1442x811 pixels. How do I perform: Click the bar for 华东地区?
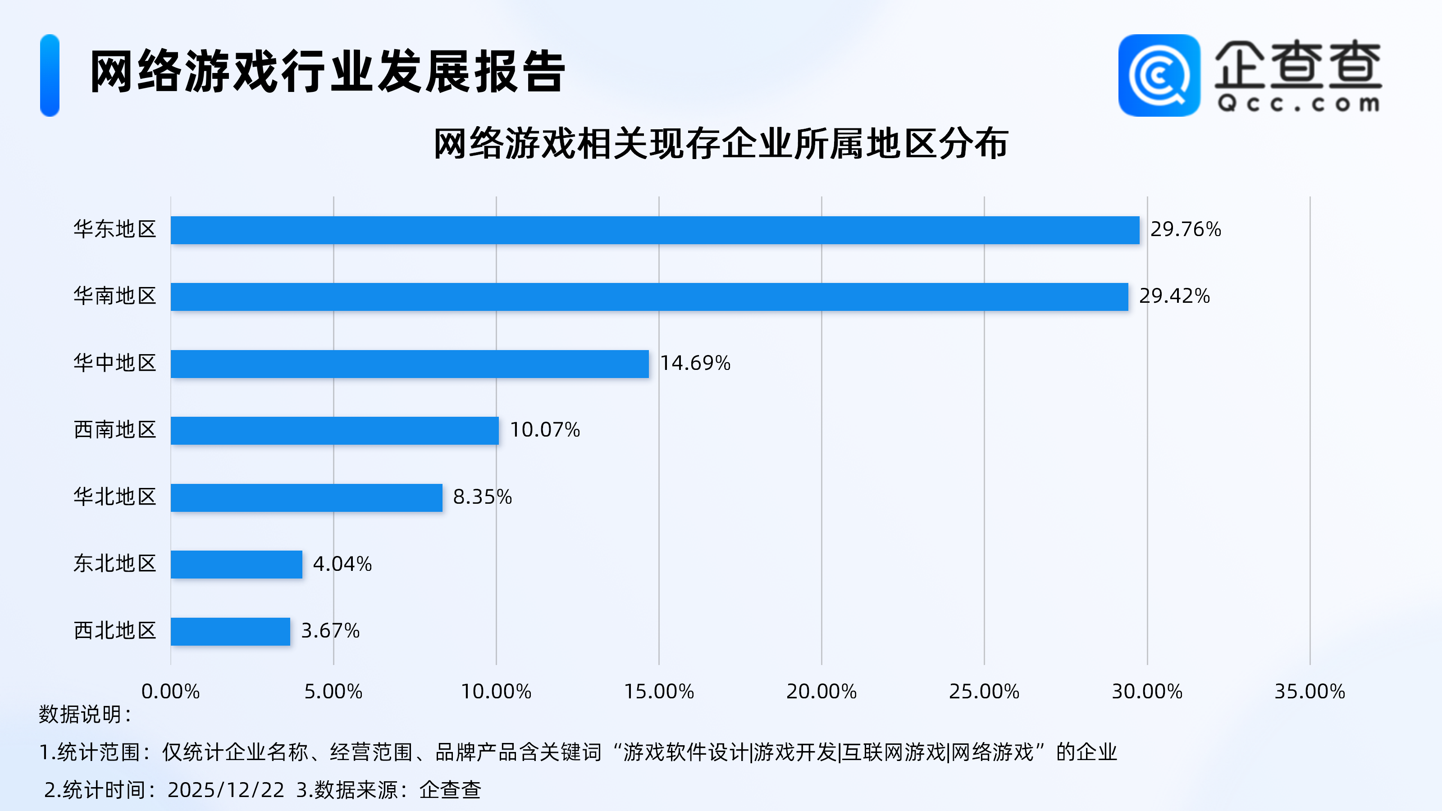click(x=655, y=230)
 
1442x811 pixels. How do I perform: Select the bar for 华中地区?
click(x=410, y=364)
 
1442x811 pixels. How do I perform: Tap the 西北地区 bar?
click(x=230, y=631)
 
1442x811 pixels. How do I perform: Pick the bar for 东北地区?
click(x=236, y=564)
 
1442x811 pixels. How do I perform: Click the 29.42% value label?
click(x=1174, y=296)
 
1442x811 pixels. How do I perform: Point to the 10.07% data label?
click(x=545, y=430)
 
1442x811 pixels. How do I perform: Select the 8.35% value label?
click(x=482, y=497)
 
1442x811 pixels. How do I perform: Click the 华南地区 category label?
click(x=115, y=296)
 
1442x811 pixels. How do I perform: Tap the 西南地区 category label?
click(x=115, y=430)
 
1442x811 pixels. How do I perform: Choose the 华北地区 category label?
click(x=115, y=497)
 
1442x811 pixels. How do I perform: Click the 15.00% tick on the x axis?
click(x=659, y=692)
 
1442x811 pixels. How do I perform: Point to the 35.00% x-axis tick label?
click(x=1310, y=692)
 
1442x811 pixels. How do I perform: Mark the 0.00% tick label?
click(x=170, y=692)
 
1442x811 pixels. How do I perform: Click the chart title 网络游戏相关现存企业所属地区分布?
click(x=721, y=144)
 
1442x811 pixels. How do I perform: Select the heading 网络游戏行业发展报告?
click(x=328, y=72)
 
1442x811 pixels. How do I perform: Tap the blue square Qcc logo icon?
click(x=1159, y=76)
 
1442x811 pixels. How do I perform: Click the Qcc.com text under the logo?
click(x=1298, y=104)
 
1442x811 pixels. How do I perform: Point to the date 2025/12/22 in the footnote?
click(x=226, y=790)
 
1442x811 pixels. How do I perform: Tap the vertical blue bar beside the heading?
click(x=50, y=76)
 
